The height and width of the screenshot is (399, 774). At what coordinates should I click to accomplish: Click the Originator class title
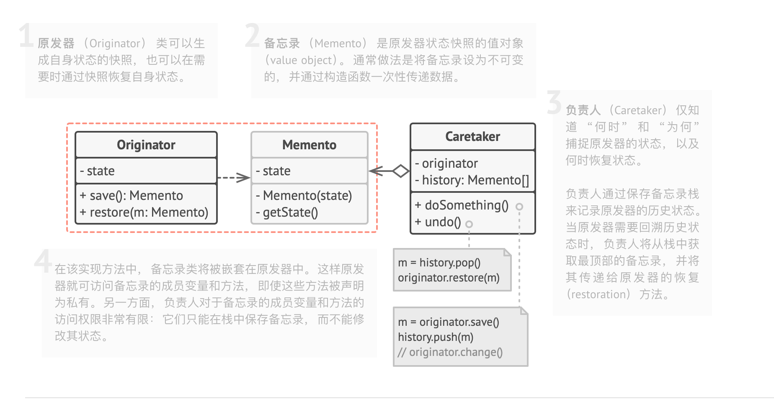click(x=146, y=145)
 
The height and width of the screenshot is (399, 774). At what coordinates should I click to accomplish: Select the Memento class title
click(x=309, y=145)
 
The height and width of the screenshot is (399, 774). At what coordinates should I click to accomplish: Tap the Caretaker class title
click(x=472, y=136)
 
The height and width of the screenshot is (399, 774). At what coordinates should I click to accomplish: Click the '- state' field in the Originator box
click(x=98, y=171)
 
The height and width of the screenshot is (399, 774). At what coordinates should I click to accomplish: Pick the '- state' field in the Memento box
click(x=273, y=171)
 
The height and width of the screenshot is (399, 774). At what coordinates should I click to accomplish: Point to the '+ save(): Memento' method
click(x=132, y=195)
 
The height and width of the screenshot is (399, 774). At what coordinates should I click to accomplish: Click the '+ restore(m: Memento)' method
click(x=144, y=212)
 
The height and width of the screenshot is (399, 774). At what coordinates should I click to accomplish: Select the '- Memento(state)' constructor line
click(x=304, y=195)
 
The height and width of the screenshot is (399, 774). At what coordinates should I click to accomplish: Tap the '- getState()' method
click(x=287, y=212)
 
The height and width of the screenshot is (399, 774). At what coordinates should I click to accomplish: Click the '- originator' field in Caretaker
click(x=446, y=163)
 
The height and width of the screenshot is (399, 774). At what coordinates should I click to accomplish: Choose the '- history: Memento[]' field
click(x=472, y=180)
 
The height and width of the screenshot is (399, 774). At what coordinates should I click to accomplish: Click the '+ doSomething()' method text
click(x=462, y=205)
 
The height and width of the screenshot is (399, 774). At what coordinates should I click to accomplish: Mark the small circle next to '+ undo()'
click(x=469, y=224)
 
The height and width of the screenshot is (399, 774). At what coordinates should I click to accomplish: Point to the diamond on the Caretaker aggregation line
click(x=401, y=171)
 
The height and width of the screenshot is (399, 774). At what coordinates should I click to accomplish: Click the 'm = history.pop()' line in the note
click(x=439, y=262)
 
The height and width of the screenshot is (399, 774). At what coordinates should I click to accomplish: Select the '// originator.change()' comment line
click(x=450, y=352)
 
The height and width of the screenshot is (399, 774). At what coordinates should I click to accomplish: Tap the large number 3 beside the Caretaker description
click(x=554, y=102)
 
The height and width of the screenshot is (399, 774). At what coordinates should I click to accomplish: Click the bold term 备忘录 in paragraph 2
click(x=282, y=43)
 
